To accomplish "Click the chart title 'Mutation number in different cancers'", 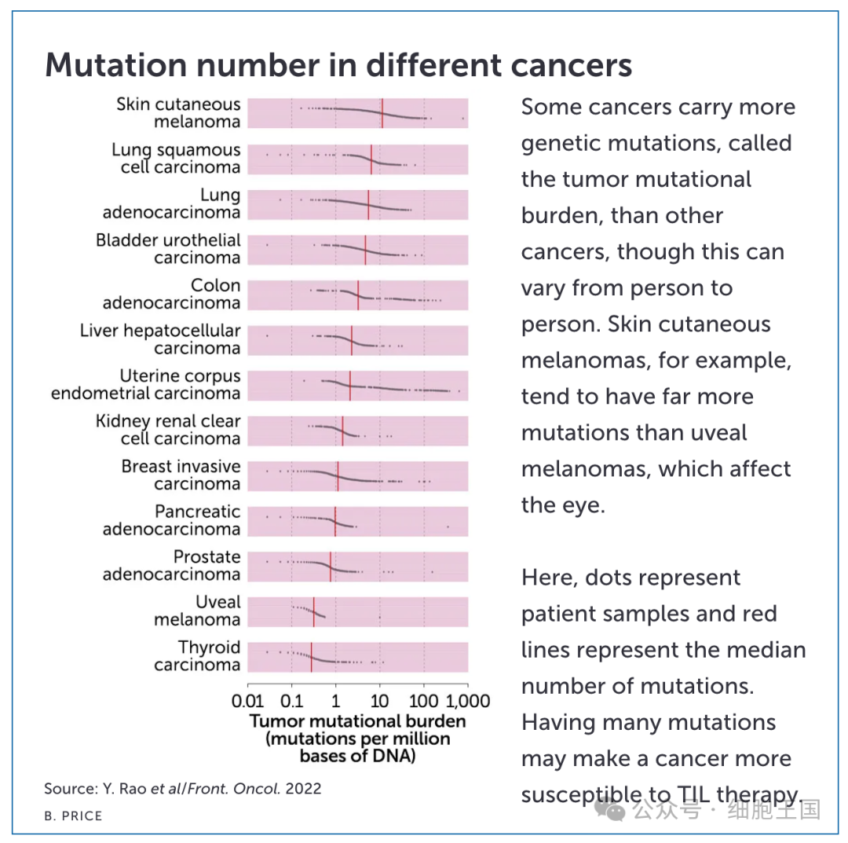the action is point(338,65).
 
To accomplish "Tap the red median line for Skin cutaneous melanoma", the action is point(382,113).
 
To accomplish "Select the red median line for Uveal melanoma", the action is point(313,612).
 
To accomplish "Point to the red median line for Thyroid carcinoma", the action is point(312,658).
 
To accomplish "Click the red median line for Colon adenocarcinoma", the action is point(358,295).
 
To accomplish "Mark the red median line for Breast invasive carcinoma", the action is point(338,476).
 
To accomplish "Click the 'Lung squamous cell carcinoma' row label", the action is point(176,159).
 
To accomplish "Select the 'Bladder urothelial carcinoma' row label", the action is point(168,249).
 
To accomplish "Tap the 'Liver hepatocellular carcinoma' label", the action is point(160,339).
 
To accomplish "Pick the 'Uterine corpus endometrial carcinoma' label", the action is point(145,384).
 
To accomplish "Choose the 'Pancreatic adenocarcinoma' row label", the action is point(171,520).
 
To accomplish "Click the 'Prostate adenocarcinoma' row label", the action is point(171,566).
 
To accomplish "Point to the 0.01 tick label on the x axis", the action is point(247,702).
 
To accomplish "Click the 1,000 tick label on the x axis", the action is point(468,702).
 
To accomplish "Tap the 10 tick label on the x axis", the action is point(380,702).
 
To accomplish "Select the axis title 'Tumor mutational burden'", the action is point(357,721).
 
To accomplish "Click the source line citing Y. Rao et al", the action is point(183,788).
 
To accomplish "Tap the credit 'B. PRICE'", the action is point(73,816).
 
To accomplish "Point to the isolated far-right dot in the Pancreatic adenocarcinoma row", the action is point(448,526).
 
